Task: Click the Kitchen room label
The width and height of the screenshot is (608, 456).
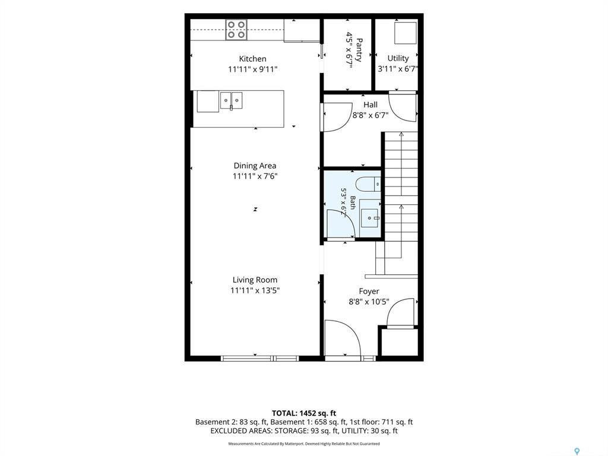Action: tap(252, 59)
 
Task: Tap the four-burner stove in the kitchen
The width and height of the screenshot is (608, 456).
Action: tap(236, 30)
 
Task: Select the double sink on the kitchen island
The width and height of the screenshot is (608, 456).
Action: tap(231, 101)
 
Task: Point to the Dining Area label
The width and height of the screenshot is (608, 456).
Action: tap(255, 166)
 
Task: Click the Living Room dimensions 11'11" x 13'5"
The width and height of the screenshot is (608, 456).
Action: tap(255, 290)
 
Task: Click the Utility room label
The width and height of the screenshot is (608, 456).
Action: tap(398, 58)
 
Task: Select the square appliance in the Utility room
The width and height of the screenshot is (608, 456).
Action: tap(405, 33)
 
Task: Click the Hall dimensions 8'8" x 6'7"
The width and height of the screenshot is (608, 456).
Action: tap(370, 115)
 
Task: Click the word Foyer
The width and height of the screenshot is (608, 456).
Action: tap(369, 291)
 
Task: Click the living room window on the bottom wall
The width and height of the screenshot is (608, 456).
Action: tap(260, 358)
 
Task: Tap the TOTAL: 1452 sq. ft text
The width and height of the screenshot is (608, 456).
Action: tap(304, 413)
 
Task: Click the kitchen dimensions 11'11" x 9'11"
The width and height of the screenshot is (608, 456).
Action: tap(253, 69)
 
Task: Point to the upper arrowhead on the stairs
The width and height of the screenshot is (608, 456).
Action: tap(401, 134)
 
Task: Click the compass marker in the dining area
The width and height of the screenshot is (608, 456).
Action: tap(255, 210)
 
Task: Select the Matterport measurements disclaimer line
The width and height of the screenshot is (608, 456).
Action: tap(304, 444)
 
